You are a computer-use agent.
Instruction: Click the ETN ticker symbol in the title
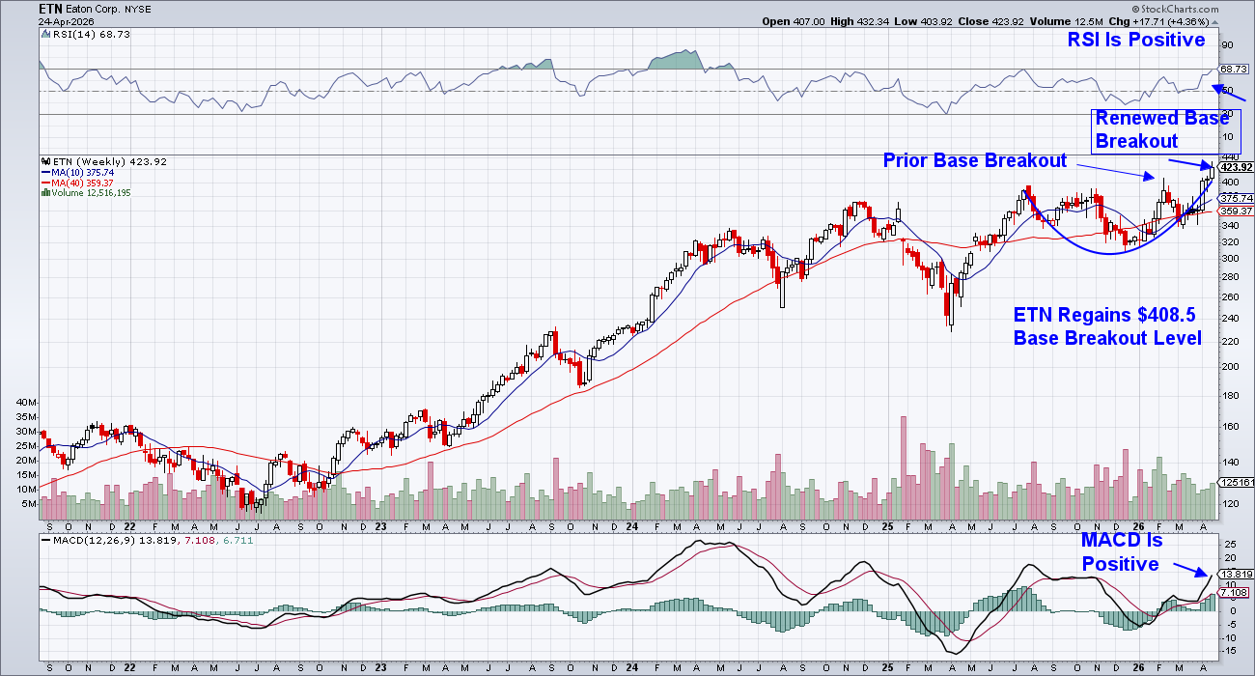coord(51,8)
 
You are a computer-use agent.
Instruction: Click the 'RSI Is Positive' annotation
coord(1135,40)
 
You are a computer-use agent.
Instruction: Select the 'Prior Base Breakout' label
coord(974,160)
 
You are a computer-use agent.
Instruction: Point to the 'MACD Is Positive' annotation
coord(1120,553)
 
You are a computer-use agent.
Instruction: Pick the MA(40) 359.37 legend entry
coord(79,183)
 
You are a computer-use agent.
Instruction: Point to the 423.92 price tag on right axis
coord(1235,167)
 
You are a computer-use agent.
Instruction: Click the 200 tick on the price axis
coord(1229,367)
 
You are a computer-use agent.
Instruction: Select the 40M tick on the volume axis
coord(26,402)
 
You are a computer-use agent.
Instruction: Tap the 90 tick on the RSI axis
coord(1226,44)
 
